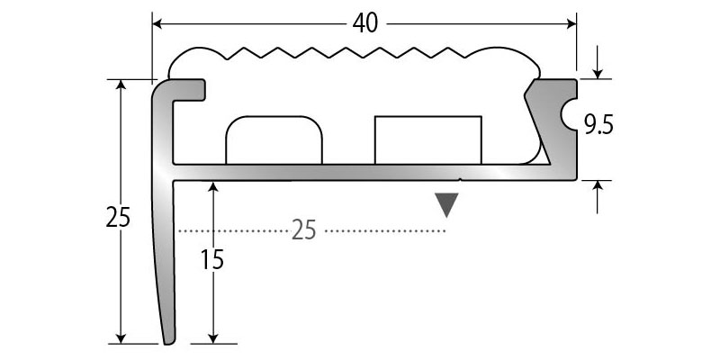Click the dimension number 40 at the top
pos(365,23)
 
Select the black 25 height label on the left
pos(118,217)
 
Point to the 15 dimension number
pos(211,260)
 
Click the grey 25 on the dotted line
pos(304,231)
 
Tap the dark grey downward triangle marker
pos(446,205)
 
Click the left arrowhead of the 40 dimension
pos(157,23)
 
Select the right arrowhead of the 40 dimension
pos(571,23)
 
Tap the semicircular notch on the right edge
pos(568,115)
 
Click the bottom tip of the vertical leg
pos(168,341)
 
